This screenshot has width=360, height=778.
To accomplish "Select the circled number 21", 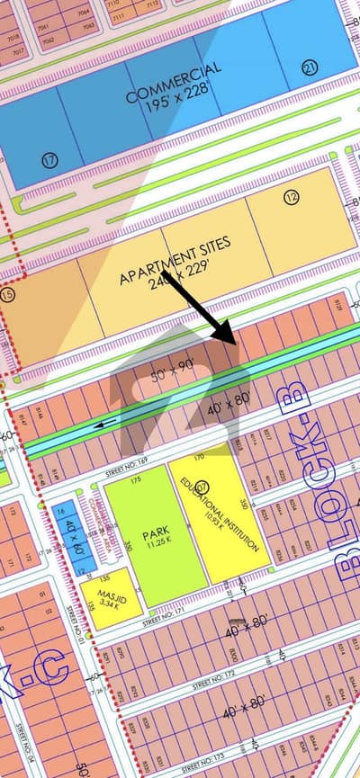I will click(x=310, y=66).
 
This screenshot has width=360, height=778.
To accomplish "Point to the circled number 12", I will click(x=290, y=196).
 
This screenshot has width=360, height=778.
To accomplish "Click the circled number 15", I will click(x=9, y=294).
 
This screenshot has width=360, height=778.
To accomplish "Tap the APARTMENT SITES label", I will click(x=175, y=259).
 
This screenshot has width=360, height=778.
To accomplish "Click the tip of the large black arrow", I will click(x=235, y=343).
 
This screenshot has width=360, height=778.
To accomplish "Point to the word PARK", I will click(x=156, y=532).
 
